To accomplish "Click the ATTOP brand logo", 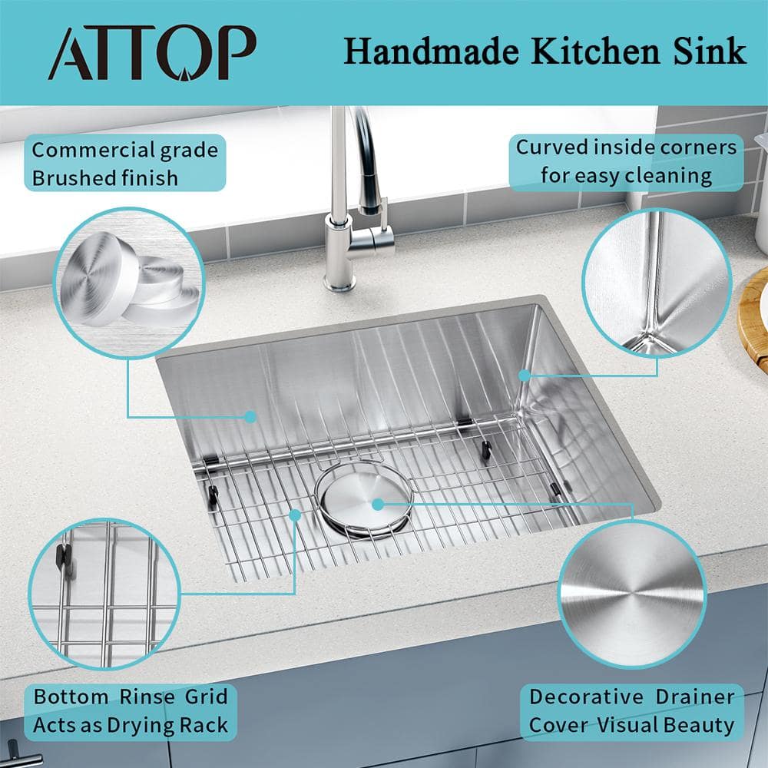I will pyautogui.click(x=151, y=52).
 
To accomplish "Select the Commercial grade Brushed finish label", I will pyautogui.click(x=125, y=163).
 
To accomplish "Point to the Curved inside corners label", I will pyautogui.click(x=625, y=161).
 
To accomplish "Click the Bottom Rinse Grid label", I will pyautogui.click(x=131, y=710).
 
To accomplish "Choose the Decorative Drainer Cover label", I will pyautogui.click(x=631, y=710).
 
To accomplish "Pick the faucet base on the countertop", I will pyautogui.click(x=338, y=281).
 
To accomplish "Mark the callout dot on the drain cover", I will pyautogui.click(x=377, y=504).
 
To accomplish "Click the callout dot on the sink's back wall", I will pyautogui.click(x=250, y=416).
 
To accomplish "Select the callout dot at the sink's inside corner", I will pyautogui.click(x=524, y=376).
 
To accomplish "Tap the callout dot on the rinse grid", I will pyautogui.click(x=295, y=514).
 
